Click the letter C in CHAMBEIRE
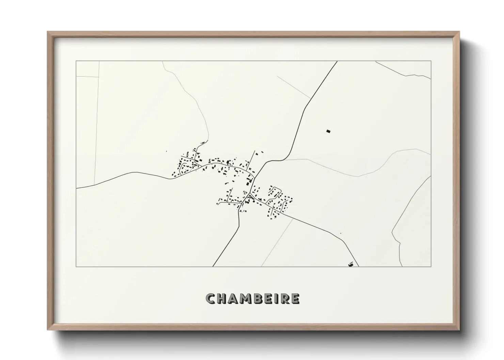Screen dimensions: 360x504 click(211, 299)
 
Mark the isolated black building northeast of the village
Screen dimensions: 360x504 click(328, 131)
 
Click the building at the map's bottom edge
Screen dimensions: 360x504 click(351, 264)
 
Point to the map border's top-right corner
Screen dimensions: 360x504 click(431, 61)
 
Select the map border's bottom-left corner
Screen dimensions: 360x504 click(76, 266)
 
